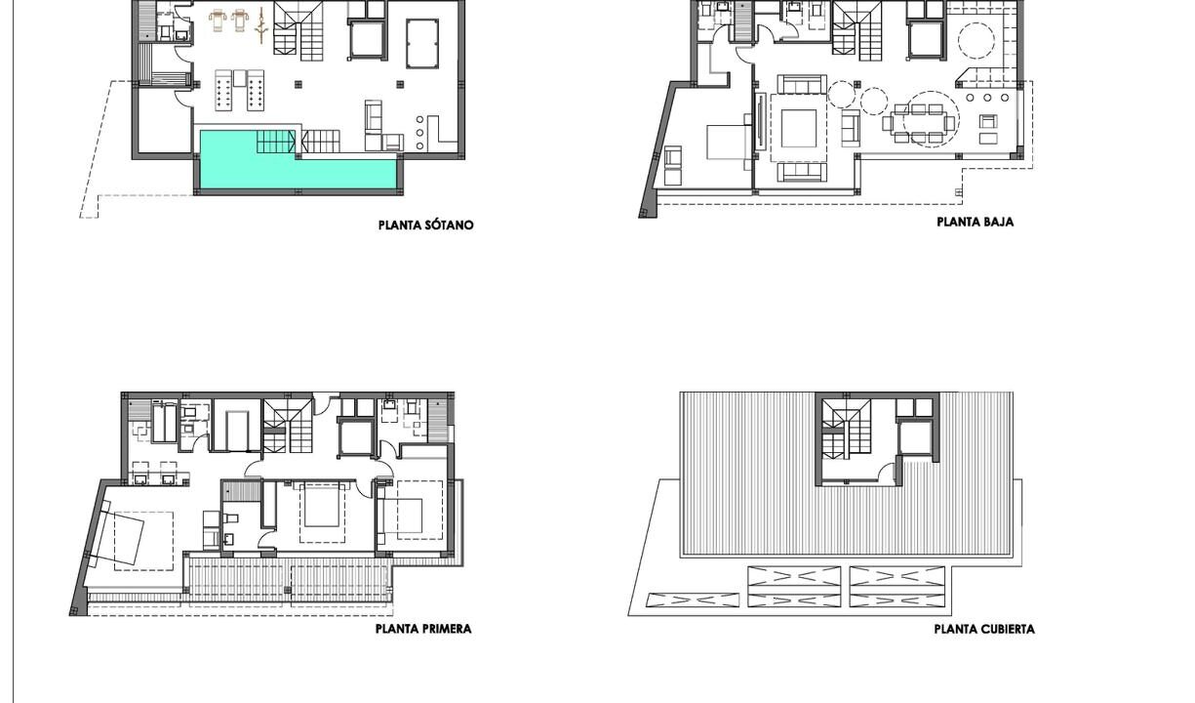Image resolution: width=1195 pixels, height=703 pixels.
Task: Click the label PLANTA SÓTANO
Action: pyautogui.click(x=425, y=226)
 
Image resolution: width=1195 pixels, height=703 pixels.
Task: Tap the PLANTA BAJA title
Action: pyautogui.click(x=976, y=222)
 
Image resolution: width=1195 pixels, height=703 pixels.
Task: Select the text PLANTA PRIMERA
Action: pyautogui.click(x=423, y=629)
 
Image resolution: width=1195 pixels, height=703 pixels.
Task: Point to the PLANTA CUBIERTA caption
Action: pyautogui.click(x=984, y=630)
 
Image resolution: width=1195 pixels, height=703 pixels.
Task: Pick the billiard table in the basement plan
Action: pyautogui.click(x=422, y=43)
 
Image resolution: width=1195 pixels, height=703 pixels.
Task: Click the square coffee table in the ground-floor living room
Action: pyautogui.click(x=799, y=128)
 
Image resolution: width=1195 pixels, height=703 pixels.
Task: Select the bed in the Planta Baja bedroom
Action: pyautogui.click(x=727, y=142)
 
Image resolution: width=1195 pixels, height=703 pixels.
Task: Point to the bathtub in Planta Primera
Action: pyautogui.click(x=164, y=422)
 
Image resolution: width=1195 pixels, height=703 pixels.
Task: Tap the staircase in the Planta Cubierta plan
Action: pyautogui.click(x=846, y=430)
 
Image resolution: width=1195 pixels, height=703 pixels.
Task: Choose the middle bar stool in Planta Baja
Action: pyautogui.click(x=987, y=98)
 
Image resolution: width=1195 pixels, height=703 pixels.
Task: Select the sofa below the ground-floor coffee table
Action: pyautogui.click(x=802, y=172)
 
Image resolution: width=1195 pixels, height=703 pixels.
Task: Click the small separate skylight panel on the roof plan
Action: pyautogui.click(x=693, y=600)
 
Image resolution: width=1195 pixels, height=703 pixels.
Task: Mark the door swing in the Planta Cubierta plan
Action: pyautogui.click(x=887, y=472)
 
